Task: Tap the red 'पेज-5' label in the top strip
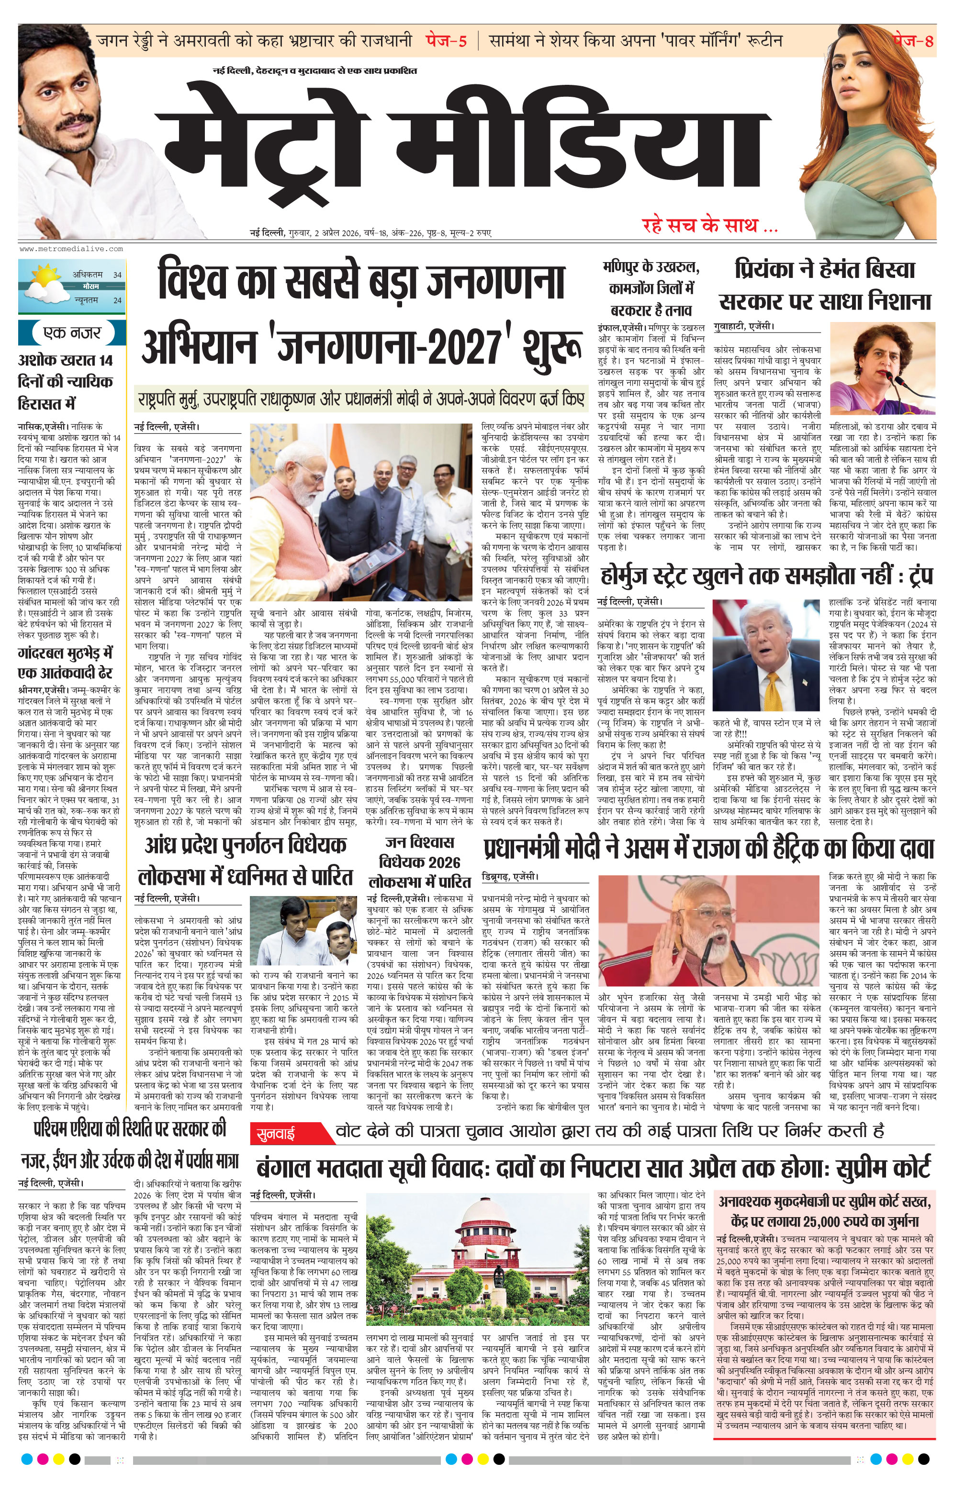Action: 446,41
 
